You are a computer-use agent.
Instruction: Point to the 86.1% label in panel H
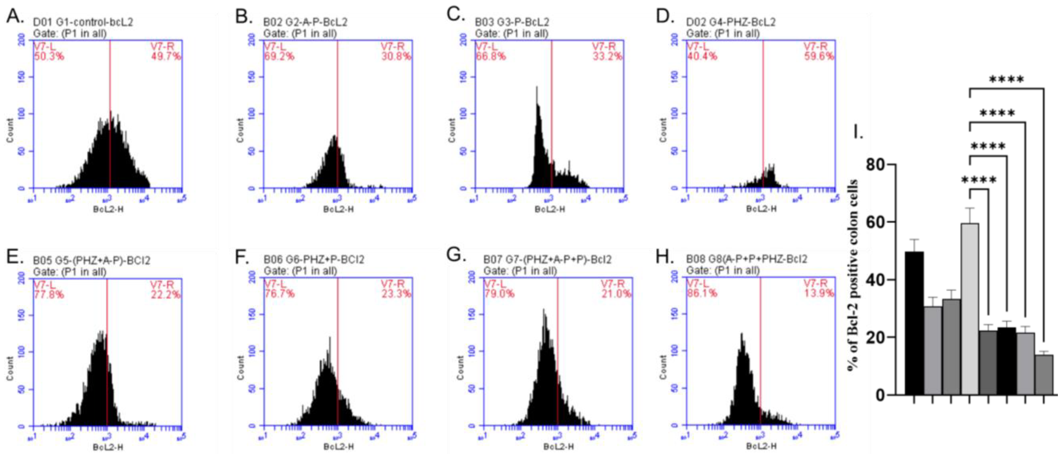coord(702,294)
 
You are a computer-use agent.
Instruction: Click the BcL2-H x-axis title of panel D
coord(761,209)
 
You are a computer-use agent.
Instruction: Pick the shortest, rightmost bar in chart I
coord(1044,374)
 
